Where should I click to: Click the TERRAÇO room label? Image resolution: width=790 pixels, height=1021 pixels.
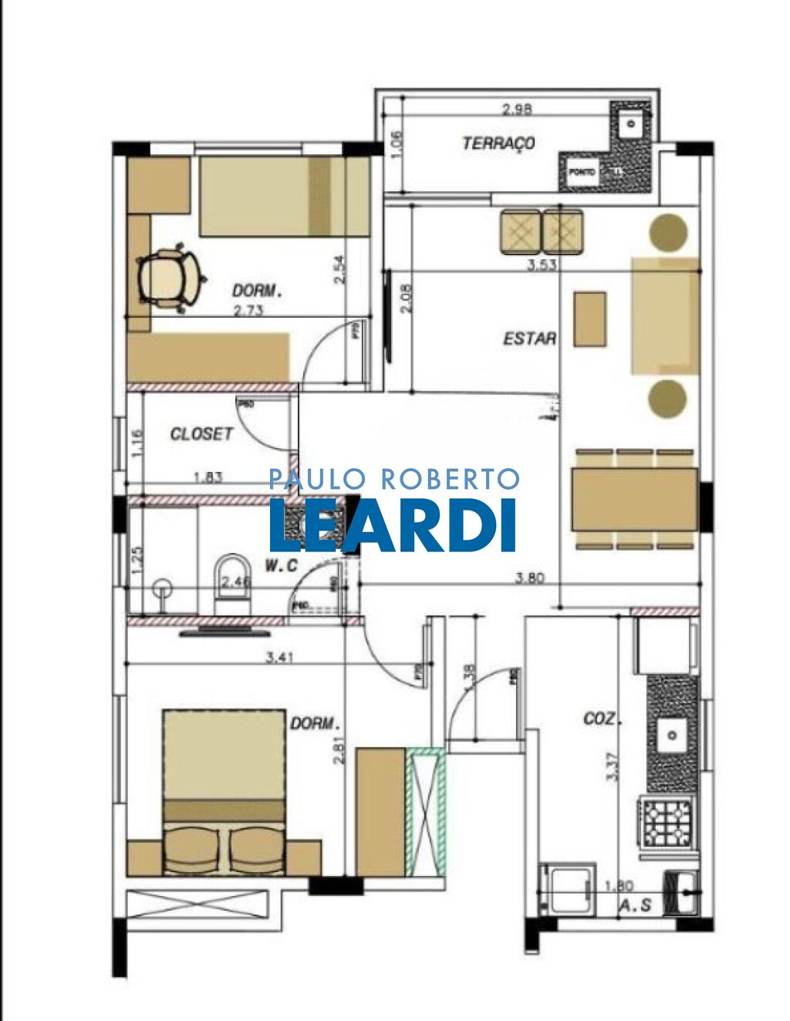click(x=498, y=143)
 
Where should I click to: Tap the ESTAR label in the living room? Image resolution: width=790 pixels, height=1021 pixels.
click(x=529, y=338)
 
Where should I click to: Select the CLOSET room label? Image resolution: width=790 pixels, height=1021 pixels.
click(x=201, y=434)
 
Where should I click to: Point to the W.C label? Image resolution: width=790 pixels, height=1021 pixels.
click(x=281, y=566)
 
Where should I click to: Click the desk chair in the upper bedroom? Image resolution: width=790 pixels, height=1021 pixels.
click(x=170, y=277)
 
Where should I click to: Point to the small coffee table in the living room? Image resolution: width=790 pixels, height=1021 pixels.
click(x=589, y=318)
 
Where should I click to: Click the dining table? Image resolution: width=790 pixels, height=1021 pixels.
click(x=634, y=499)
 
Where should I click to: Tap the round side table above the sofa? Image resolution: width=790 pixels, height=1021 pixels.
click(x=668, y=231)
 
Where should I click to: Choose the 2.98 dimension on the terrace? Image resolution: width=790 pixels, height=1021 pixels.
click(x=516, y=110)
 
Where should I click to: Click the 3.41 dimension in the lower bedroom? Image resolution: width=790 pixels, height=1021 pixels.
click(x=279, y=658)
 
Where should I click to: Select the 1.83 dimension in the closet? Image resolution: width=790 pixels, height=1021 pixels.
click(x=208, y=477)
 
